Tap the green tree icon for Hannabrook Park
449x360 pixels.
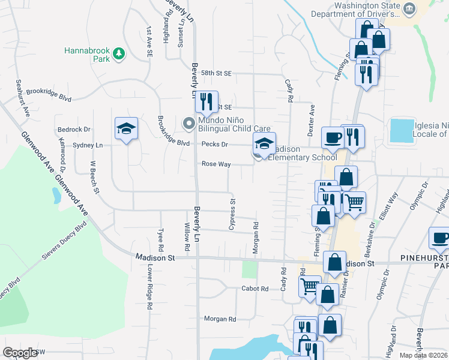(x=119, y=53)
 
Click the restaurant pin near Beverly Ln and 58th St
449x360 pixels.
(x=206, y=101)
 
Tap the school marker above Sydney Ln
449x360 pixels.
(x=126, y=128)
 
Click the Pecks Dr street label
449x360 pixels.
(x=215, y=145)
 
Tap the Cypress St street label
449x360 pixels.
(x=232, y=213)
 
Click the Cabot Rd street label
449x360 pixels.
(x=256, y=289)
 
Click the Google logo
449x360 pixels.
(x=20, y=352)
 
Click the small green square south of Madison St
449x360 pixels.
(x=249, y=269)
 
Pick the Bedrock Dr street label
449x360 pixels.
(x=74, y=129)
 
